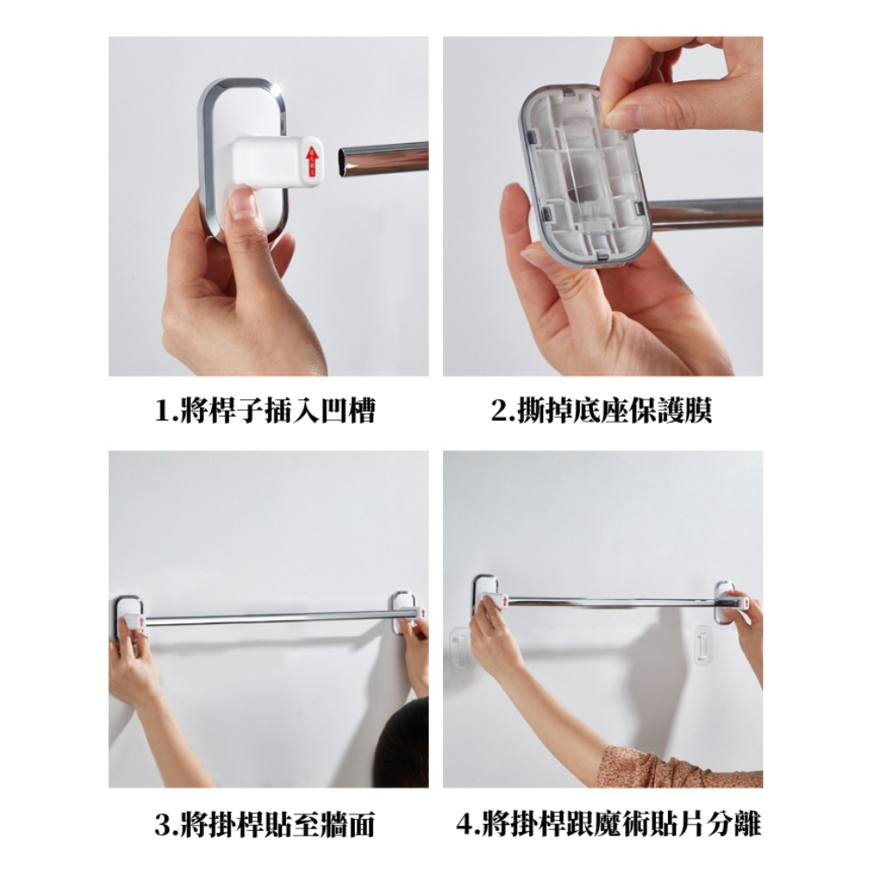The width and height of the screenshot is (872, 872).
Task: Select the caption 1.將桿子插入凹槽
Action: click(x=266, y=411)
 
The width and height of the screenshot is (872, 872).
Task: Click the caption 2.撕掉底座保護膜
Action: click(x=601, y=411)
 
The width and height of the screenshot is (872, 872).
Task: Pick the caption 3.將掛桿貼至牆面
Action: click(x=265, y=824)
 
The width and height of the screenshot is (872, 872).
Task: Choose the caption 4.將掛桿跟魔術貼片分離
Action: click(x=609, y=824)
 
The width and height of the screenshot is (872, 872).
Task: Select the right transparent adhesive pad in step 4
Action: click(x=703, y=645)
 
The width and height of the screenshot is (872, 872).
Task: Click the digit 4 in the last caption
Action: click(x=465, y=825)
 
